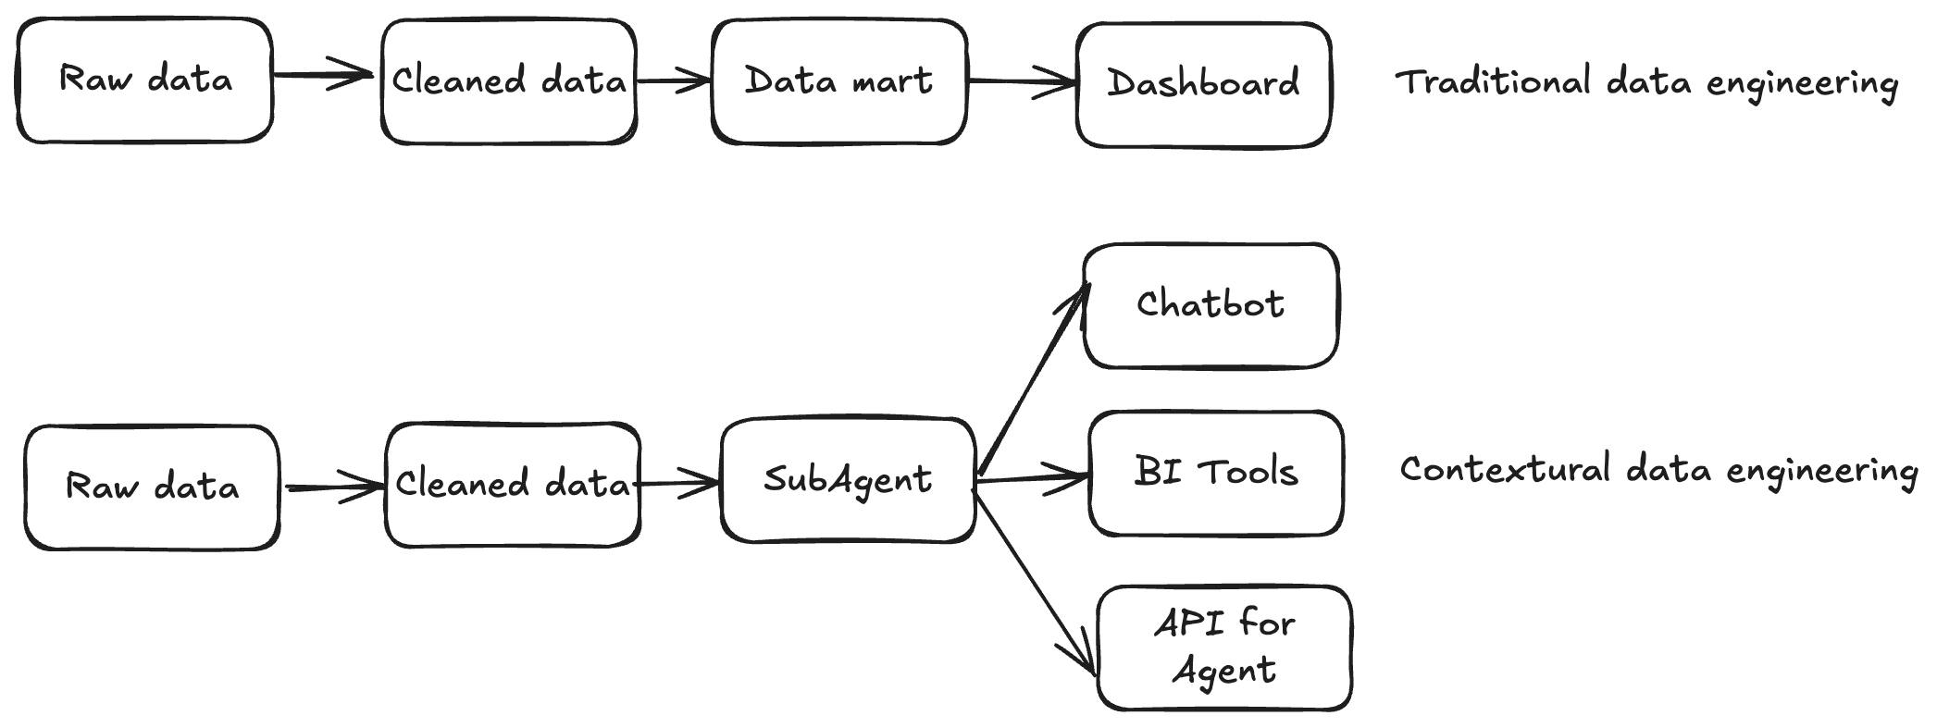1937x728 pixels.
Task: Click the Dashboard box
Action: (1203, 84)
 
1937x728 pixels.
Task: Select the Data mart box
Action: (838, 81)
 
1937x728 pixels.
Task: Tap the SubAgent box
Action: (847, 480)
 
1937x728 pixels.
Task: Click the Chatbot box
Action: (1210, 305)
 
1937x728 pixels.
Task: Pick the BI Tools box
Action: (1215, 473)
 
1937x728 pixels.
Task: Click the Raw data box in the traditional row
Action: (144, 80)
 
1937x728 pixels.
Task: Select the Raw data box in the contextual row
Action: (151, 487)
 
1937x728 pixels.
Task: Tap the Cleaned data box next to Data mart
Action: (508, 81)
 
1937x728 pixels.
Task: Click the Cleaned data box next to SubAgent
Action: (512, 485)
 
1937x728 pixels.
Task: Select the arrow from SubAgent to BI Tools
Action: (1032, 479)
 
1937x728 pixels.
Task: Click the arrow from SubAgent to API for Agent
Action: (1037, 583)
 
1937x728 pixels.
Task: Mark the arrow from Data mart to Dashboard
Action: (1021, 81)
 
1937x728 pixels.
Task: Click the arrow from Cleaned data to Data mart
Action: (673, 81)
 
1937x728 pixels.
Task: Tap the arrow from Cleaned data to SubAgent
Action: (678, 483)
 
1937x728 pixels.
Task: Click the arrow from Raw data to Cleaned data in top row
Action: (324, 75)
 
